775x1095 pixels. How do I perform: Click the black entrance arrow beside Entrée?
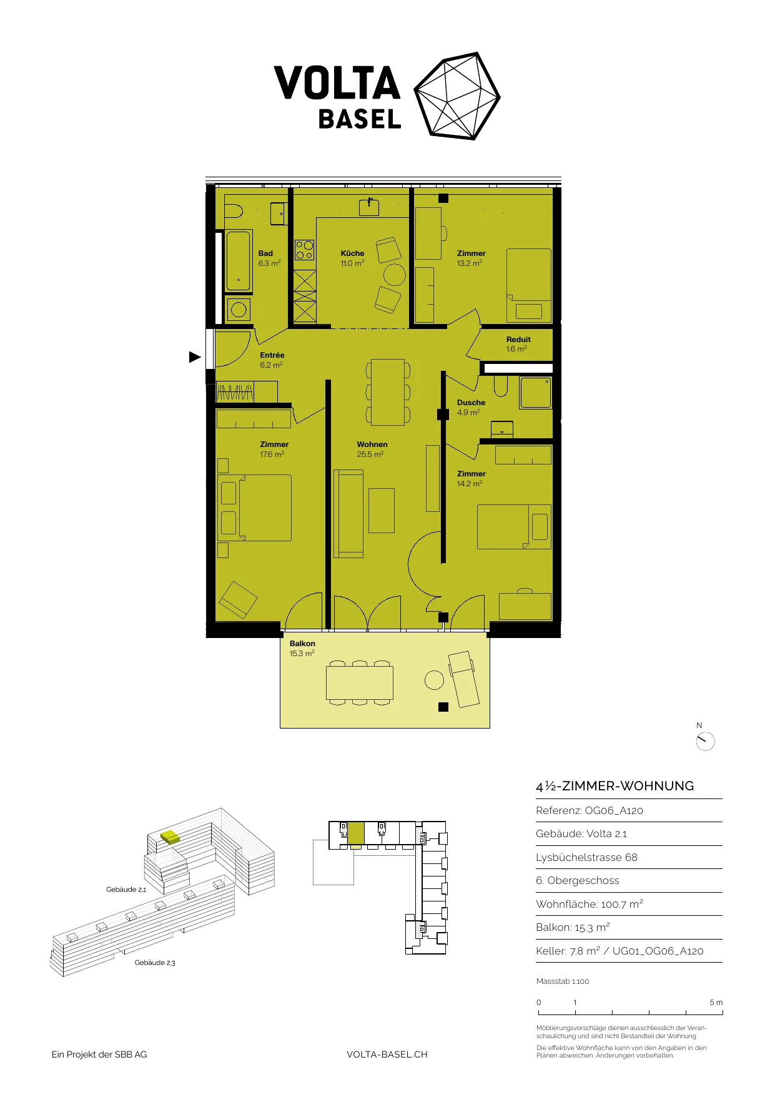pos(195,357)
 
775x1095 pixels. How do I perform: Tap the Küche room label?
pos(352,253)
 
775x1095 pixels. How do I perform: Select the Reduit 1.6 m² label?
pos(518,345)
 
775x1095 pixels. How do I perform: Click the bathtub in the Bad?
pos(239,261)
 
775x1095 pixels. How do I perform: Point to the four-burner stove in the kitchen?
pos(305,250)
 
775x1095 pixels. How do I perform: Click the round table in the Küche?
pos(395,275)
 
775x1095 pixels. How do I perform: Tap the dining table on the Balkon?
pos(360,683)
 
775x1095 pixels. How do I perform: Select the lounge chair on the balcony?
pos(463,679)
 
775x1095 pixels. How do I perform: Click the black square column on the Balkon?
pos(443,707)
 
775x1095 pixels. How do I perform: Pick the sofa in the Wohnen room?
pos(348,514)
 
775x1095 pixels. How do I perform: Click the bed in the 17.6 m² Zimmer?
pos(255,508)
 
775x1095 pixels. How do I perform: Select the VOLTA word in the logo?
pos(337,83)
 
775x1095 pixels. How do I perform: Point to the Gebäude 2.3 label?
pos(155,963)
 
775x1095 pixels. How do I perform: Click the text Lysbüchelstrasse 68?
pos(586,857)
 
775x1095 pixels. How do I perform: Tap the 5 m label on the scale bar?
pos(716,1003)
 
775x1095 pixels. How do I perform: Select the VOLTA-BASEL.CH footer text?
pos(387,1054)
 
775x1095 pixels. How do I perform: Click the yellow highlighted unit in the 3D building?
pos(169,837)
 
